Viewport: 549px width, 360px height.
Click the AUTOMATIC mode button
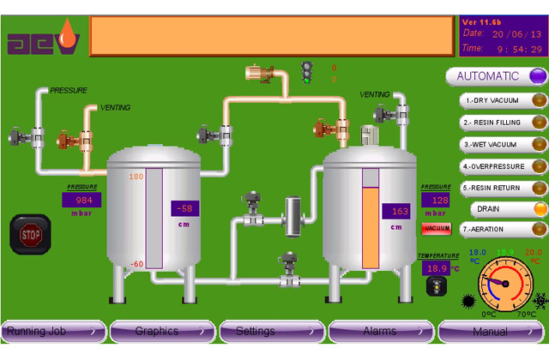[x=496, y=76]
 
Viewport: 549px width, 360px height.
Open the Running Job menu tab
[x=53, y=332]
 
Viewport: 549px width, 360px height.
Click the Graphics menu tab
[x=162, y=332]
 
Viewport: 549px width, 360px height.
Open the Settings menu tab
[x=272, y=332]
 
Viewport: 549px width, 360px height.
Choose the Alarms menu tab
[x=382, y=332]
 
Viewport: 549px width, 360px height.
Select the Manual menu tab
[x=492, y=332]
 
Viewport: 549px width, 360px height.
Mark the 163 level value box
[x=397, y=212]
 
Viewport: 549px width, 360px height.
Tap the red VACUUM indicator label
[x=436, y=228]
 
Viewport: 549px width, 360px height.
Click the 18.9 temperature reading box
[x=437, y=268]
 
